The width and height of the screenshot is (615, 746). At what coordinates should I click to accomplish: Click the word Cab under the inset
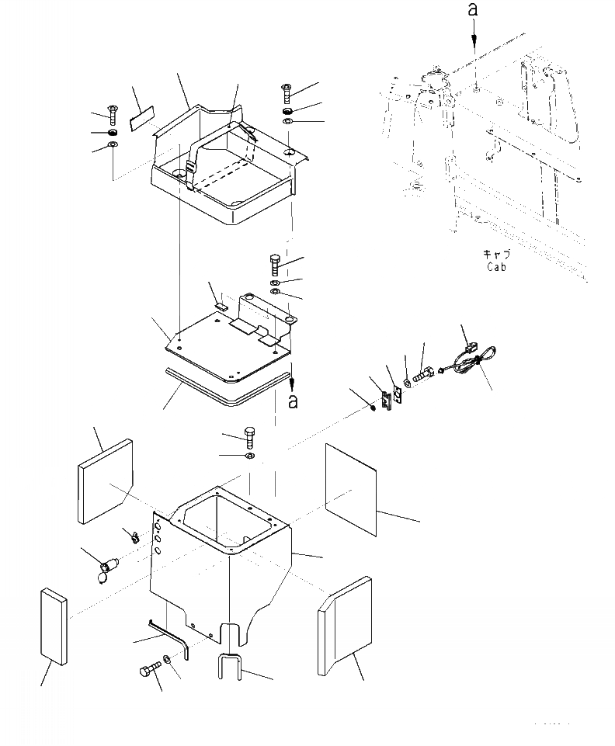tap(496, 267)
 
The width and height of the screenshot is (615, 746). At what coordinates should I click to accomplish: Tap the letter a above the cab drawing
tap(471, 10)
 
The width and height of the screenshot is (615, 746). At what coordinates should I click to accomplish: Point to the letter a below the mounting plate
tap(293, 402)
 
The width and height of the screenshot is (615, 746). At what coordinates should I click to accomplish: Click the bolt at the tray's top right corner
tap(286, 95)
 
